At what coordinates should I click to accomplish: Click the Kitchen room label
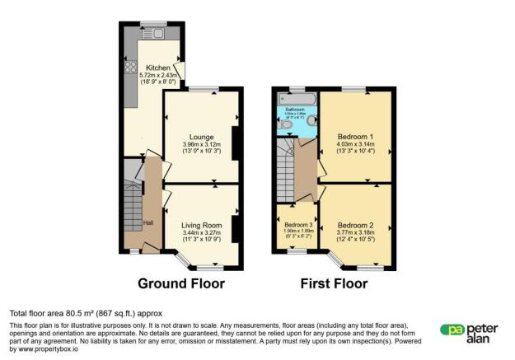point(158,68)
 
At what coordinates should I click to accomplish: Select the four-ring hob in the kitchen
point(129,70)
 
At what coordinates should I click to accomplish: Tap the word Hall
point(148,223)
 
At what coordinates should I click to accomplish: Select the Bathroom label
point(296,109)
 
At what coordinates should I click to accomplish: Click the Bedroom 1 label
point(355,137)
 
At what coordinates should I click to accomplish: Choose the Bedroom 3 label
point(296,225)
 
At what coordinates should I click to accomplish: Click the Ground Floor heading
point(181,284)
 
